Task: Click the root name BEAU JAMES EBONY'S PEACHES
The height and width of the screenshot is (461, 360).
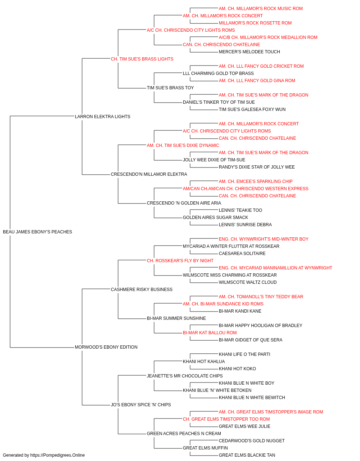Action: click(37, 232)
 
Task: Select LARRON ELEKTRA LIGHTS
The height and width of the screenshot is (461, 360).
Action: click(102, 117)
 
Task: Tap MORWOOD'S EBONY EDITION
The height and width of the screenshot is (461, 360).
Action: click(106, 347)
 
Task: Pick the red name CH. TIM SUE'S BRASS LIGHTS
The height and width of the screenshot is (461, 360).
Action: click(142, 59)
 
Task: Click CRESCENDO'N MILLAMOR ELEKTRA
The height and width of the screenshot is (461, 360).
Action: click(149, 174)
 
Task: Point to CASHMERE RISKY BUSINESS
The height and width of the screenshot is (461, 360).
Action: click(141, 289)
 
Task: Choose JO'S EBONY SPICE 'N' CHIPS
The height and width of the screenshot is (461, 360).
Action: click(141, 404)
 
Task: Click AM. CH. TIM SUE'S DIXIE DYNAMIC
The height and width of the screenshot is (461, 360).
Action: click(183, 145)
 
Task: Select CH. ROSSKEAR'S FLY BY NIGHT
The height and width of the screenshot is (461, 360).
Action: click(180, 260)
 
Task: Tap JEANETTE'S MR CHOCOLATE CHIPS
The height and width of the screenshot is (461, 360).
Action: click(185, 376)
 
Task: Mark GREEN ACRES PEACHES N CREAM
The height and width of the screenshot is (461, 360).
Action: click(184, 433)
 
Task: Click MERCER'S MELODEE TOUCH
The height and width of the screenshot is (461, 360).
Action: click(249, 52)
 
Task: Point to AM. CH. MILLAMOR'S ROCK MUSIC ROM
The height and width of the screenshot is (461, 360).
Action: click(261, 9)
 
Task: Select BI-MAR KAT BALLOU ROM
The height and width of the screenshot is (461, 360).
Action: click(210, 333)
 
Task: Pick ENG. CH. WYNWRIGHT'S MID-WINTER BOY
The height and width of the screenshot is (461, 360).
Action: click(264, 239)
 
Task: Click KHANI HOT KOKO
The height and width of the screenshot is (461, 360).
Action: click(237, 369)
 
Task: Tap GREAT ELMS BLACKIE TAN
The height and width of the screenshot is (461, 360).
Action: click(247, 455)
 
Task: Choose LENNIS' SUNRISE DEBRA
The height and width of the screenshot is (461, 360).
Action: click(245, 225)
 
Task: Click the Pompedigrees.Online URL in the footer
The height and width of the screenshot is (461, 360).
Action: click(57, 455)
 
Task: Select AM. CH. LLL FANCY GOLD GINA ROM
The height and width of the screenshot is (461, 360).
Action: click(257, 81)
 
